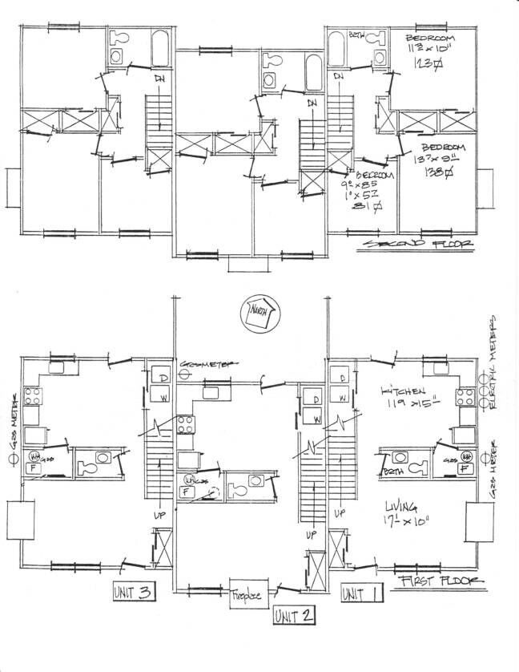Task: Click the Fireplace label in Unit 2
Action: (x=246, y=597)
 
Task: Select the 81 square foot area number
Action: (x=361, y=210)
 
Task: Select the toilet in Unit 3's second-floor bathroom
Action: (x=121, y=38)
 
